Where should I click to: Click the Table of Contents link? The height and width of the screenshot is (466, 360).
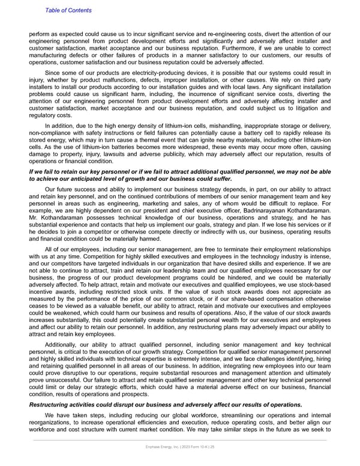click(68, 10)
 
